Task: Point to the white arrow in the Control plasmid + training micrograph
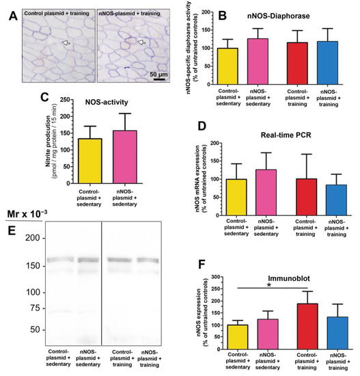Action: click(65, 43)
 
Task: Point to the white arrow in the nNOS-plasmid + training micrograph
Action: click(141, 43)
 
